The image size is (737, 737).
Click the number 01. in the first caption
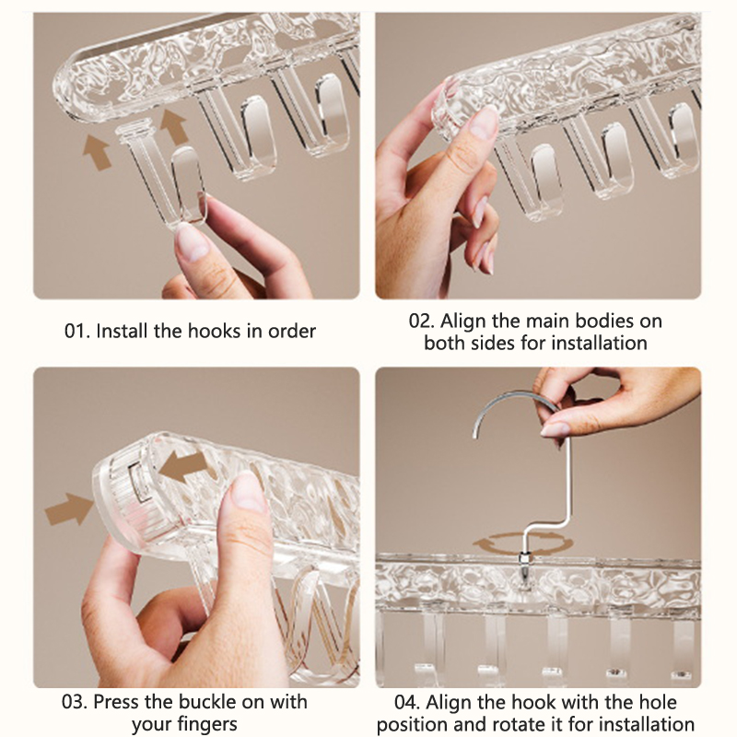(x=76, y=331)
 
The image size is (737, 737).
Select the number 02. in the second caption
(x=422, y=321)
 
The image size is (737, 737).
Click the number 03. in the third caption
(x=75, y=702)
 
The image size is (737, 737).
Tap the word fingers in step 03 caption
(x=207, y=724)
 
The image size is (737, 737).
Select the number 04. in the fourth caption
(x=407, y=702)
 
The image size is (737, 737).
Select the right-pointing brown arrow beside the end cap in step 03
(x=69, y=509)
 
